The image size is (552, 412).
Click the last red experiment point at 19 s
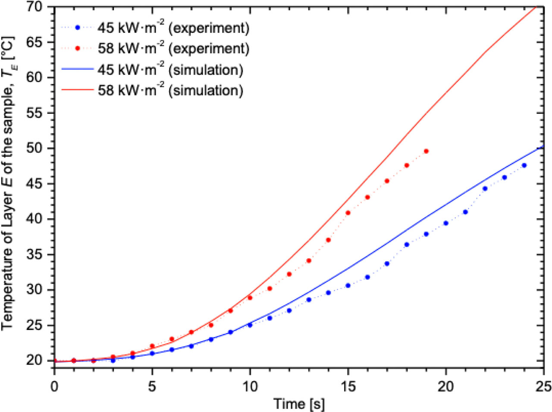point(427,151)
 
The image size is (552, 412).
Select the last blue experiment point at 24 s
point(524,165)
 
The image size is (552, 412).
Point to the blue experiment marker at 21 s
point(465,212)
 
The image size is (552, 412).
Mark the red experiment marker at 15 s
point(348,213)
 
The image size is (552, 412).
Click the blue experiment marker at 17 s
point(387,263)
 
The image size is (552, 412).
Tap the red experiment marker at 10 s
point(250,298)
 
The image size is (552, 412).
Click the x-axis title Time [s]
point(299,404)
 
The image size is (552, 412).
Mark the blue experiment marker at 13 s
point(309,300)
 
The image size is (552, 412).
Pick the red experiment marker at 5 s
point(152,346)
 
